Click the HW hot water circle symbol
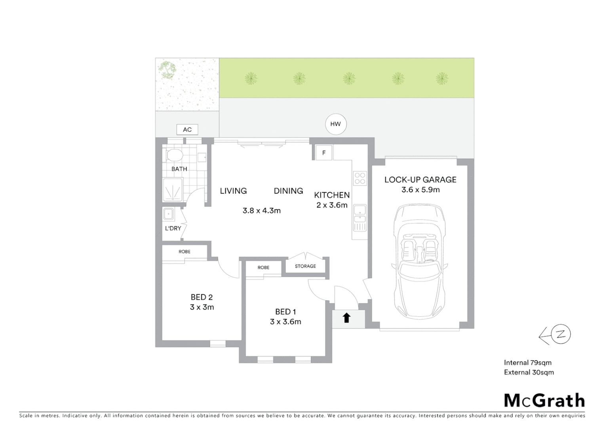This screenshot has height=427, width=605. pos(335,124)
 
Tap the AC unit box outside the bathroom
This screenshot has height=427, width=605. pos(187,130)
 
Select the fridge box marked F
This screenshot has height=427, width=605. pos(324,153)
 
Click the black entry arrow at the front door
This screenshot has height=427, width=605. pos(346,317)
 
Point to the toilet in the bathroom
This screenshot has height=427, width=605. pos(174,155)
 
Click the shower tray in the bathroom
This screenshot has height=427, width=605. pos(173,190)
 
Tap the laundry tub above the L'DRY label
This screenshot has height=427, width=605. pos(169,214)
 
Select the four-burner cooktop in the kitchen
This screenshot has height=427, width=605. pos(360,178)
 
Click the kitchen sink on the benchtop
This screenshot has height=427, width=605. pos(360,213)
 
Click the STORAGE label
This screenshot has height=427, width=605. pos(305,266)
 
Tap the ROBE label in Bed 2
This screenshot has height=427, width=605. pos(185,251)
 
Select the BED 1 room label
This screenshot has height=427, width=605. pos(285,312)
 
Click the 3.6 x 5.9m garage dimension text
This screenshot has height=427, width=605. pos(420,190)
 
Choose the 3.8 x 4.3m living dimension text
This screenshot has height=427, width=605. pos(261,211)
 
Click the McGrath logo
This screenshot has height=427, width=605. pos(544,401)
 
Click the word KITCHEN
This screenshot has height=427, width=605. pos(332,195)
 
